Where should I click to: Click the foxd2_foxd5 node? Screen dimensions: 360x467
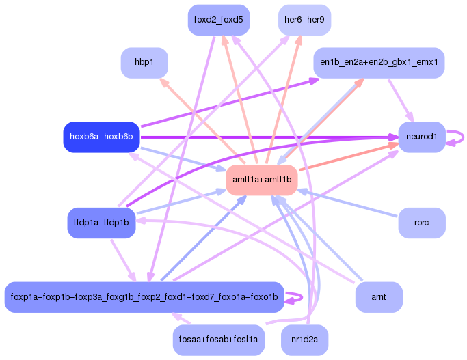coord(218,19)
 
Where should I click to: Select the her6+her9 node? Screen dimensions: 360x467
coord(305,19)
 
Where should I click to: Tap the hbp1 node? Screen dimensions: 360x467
coord(144,62)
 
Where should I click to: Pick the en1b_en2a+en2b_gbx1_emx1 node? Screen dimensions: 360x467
coord(379,62)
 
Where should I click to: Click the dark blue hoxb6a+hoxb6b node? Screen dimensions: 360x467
coord(101,137)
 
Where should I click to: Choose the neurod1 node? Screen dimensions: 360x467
coord(421,137)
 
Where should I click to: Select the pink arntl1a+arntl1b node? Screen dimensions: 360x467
coord(262,180)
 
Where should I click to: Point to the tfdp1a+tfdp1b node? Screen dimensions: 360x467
coord(101,223)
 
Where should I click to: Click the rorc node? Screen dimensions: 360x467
coord(421,223)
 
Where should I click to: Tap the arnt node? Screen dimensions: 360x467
coord(379,297)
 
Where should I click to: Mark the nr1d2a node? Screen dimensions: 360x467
coord(305,340)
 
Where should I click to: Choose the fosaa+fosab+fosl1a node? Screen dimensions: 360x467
coord(218,340)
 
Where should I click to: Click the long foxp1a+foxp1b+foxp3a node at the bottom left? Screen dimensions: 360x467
coord(144,297)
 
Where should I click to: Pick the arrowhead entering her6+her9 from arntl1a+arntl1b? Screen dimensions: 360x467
coord(299,40)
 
